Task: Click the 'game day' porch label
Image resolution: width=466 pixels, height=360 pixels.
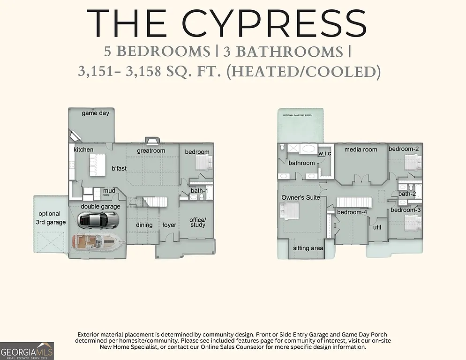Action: [95, 113]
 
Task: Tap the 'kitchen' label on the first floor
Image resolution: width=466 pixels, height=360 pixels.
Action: [83, 150]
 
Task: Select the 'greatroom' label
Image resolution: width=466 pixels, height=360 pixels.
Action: [151, 151]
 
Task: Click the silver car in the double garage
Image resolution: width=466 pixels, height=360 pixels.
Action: [98, 219]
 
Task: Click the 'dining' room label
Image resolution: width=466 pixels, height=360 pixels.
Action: [144, 225]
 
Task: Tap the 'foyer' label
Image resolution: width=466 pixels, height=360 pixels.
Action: [169, 225]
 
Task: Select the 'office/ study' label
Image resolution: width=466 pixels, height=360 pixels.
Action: [197, 222]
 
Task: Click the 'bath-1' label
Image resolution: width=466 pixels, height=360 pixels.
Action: [199, 191]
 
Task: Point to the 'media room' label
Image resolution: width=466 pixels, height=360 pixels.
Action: [361, 150]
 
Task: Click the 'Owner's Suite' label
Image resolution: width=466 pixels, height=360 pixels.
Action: [301, 198]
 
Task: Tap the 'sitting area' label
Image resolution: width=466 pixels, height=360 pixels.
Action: [308, 248]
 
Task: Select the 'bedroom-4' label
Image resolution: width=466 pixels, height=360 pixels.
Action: [352, 212]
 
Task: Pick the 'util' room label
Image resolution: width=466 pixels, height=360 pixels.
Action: [377, 227]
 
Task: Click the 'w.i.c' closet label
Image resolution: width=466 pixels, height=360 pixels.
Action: [325, 153]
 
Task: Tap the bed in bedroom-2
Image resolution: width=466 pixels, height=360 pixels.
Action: [413, 163]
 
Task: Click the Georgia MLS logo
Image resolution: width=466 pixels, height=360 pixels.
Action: [27, 351]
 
